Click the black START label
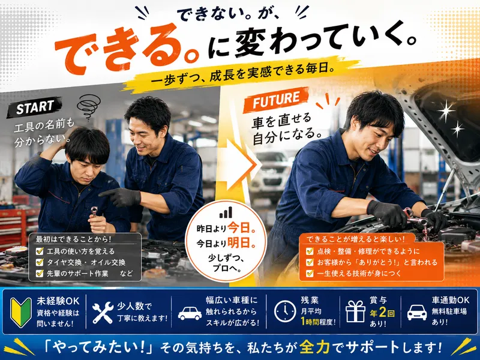(34, 107)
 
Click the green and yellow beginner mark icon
(21, 312)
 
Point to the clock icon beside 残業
(285, 311)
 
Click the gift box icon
(355, 311)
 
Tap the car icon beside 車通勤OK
(417, 313)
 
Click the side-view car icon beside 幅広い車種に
(190, 313)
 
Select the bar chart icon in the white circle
(226, 212)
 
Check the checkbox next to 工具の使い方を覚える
(40, 251)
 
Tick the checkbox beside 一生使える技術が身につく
(310, 273)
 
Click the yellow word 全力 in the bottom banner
(314, 347)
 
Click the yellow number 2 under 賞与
(382, 313)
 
